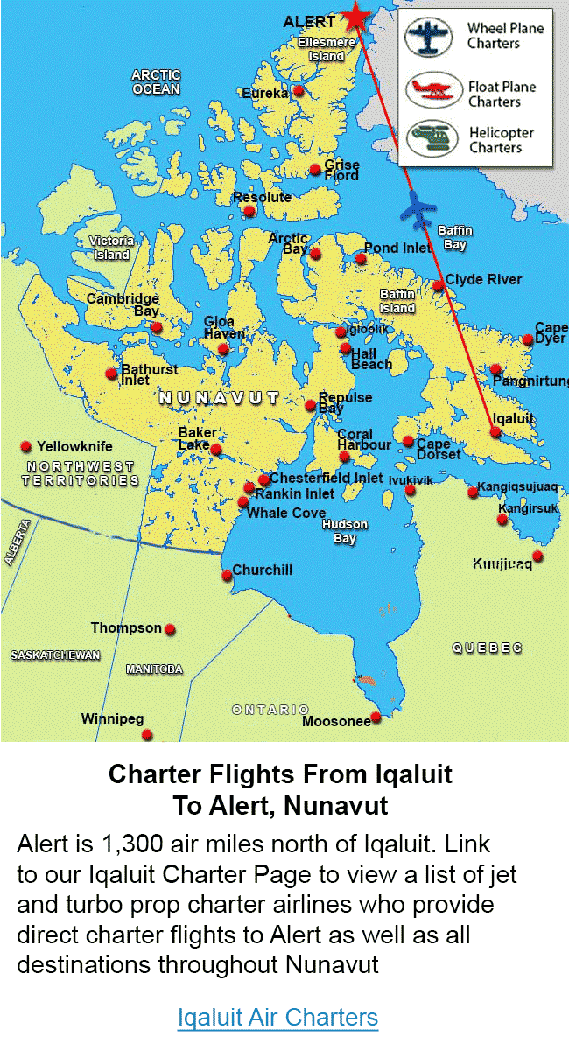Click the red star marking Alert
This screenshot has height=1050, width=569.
(x=355, y=16)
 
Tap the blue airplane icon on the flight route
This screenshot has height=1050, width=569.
(x=418, y=208)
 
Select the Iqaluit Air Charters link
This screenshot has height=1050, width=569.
(x=277, y=1018)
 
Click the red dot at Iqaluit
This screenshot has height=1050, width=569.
(x=495, y=431)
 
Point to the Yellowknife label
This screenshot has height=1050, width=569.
(x=74, y=446)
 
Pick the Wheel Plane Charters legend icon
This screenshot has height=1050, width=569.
(x=432, y=37)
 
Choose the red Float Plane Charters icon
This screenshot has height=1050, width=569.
(x=433, y=89)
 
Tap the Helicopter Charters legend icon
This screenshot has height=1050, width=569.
(x=433, y=139)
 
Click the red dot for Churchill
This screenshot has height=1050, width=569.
(x=226, y=575)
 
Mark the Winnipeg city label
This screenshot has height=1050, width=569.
(x=112, y=719)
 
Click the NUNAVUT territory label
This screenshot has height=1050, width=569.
(x=219, y=399)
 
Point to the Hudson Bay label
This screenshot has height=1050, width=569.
(x=345, y=531)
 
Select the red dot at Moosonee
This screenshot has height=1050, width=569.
(x=376, y=717)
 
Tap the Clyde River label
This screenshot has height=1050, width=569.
(x=483, y=279)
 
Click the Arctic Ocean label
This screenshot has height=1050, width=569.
(x=156, y=82)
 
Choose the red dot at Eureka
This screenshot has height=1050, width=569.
(x=299, y=90)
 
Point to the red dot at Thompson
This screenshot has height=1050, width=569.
(x=171, y=629)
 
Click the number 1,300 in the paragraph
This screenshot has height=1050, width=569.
(x=133, y=845)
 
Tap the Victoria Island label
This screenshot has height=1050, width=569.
(x=111, y=248)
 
